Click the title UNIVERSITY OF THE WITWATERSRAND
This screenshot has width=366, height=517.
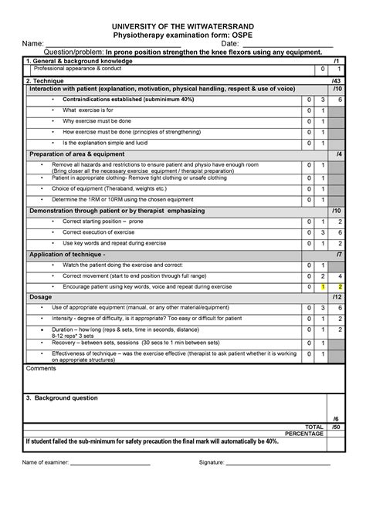[183, 25]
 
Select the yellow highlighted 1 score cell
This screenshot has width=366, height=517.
[324, 286]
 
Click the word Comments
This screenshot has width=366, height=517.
[42, 369]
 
